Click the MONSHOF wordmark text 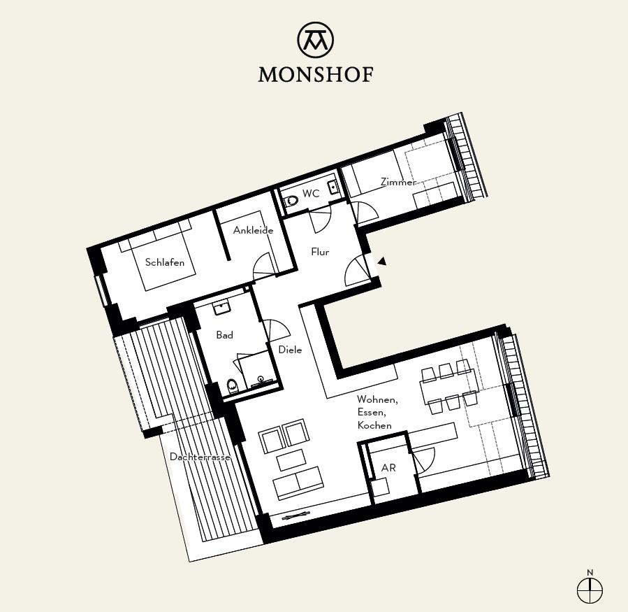(x=315, y=74)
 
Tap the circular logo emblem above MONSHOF (x=315, y=39)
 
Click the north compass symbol (x=590, y=590)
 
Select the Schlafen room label (x=165, y=262)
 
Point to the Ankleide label (x=253, y=230)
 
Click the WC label (x=311, y=194)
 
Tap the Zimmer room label (x=398, y=182)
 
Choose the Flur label (x=320, y=252)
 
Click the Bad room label (x=224, y=335)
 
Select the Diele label (x=290, y=350)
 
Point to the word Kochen (x=374, y=425)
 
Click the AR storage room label (x=388, y=467)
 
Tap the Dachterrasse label (x=200, y=457)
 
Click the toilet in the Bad (x=232, y=385)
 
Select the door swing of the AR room (x=424, y=458)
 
